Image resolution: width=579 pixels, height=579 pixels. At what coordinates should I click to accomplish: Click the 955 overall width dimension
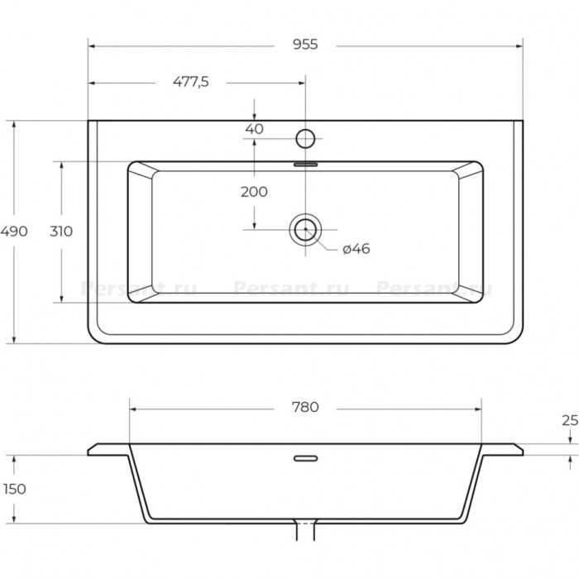click(305, 45)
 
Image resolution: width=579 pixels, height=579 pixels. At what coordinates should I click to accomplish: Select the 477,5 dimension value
click(191, 82)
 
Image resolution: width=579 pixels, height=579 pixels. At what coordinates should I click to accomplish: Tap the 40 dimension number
click(254, 129)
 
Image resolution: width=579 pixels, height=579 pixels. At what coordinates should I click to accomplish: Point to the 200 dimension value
click(254, 192)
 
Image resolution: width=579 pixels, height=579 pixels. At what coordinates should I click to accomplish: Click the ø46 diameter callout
click(356, 249)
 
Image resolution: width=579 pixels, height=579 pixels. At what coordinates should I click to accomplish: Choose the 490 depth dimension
click(14, 231)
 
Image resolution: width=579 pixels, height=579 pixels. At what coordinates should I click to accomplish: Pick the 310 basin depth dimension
click(61, 231)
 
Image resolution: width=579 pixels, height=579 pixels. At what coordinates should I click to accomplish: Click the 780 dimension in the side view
click(305, 407)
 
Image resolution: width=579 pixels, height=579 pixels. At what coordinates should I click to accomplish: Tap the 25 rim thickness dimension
click(570, 420)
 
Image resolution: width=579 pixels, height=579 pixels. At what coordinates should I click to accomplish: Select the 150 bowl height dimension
click(14, 489)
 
